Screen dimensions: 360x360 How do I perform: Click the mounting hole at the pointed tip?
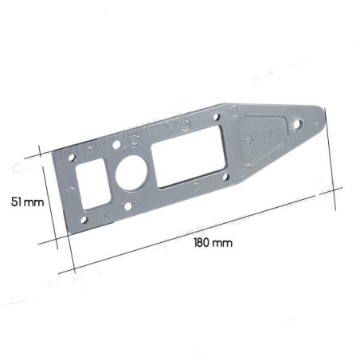tap(298, 124)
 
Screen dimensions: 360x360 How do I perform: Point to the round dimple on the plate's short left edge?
tap(72, 190)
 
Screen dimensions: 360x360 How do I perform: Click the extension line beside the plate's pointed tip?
tap(331, 167)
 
